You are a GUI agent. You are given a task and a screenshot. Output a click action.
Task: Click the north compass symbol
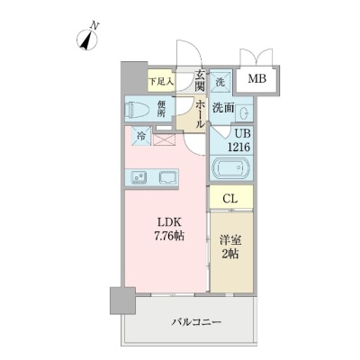[x=87, y=40]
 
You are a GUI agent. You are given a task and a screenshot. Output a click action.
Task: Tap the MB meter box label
[x=257, y=79]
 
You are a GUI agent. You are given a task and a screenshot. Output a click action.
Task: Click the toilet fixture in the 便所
[x=139, y=110]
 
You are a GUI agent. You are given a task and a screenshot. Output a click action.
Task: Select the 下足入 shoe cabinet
[x=161, y=81]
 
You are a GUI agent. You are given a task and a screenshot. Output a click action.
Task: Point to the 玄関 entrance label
[x=200, y=80]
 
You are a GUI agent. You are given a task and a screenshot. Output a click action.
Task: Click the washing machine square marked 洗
[x=220, y=83]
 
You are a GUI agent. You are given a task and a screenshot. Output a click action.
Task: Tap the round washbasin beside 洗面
[x=245, y=113]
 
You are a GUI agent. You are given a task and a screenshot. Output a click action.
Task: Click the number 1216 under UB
[x=238, y=147]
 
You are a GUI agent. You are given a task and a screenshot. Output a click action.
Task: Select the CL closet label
[x=230, y=199]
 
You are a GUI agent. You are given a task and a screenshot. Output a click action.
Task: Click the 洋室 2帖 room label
[x=230, y=247]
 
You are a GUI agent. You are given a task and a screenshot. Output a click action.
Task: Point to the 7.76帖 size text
[x=169, y=237]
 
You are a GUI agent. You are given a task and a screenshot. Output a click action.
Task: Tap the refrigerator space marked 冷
[x=141, y=136]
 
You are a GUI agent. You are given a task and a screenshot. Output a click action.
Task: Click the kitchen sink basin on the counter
[x=168, y=177]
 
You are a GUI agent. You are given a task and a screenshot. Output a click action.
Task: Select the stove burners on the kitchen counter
[x=139, y=177]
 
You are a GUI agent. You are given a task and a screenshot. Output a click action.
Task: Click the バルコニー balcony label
[x=196, y=322]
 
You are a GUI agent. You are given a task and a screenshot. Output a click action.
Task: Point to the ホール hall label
[x=200, y=114]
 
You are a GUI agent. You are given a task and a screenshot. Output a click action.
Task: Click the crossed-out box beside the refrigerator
[x=164, y=139]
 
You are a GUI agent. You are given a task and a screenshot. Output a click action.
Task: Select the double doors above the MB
[x=256, y=57]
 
